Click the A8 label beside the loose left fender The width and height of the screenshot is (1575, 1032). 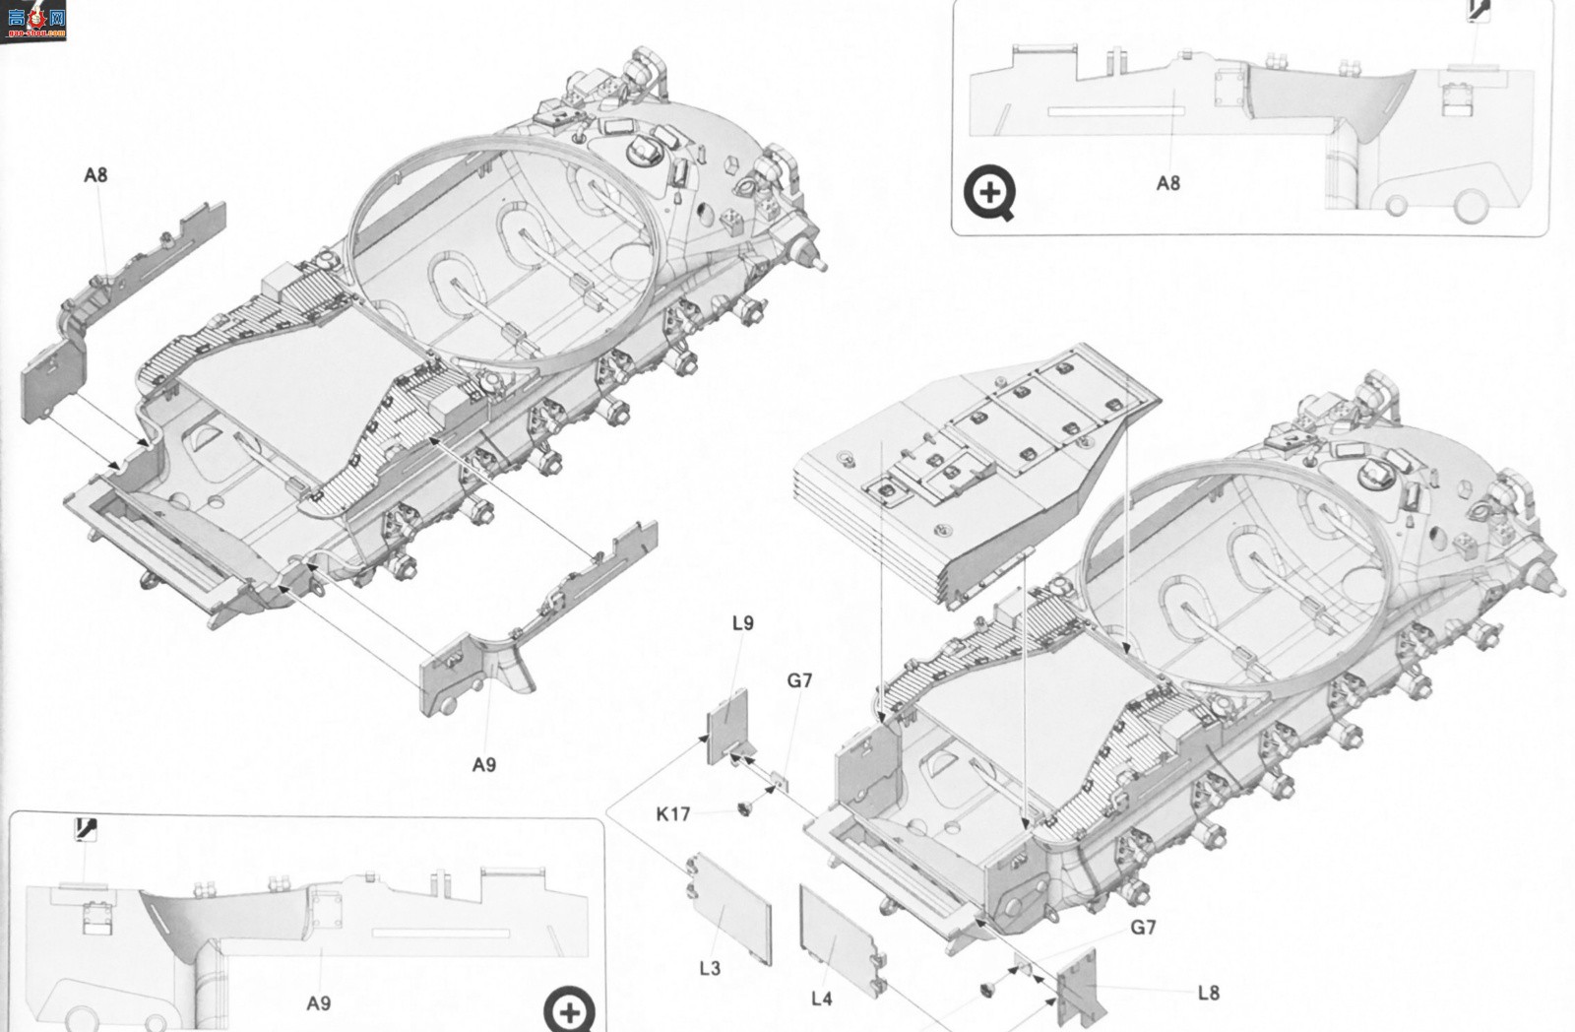pyautogui.click(x=95, y=175)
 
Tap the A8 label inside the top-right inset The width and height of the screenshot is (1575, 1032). pyautogui.click(x=1167, y=183)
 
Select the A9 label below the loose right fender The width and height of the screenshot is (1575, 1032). pyautogui.click(x=483, y=765)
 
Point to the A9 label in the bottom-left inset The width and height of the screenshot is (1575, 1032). pyautogui.click(x=319, y=1003)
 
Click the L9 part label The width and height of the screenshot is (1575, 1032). pyautogui.click(x=742, y=623)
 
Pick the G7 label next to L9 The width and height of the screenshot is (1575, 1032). pyautogui.click(x=799, y=680)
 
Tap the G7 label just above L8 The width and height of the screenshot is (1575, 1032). pyautogui.click(x=1143, y=928)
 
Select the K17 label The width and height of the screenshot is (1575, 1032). pyautogui.click(x=673, y=814)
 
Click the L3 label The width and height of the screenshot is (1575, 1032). pyautogui.click(x=710, y=969)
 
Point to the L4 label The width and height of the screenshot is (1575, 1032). pyautogui.click(x=821, y=999)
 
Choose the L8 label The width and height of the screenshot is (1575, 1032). pyautogui.click(x=1209, y=993)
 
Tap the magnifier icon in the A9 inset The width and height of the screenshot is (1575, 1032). pyautogui.click(x=570, y=1010)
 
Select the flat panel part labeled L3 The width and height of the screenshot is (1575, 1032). pyautogui.click(x=729, y=908)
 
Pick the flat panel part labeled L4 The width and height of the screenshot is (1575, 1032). pyautogui.click(x=841, y=940)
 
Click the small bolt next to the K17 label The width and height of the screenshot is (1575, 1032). pyautogui.click(x=744, y=809)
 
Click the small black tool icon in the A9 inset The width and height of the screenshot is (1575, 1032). pyautogui.click(x=85, y=829)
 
